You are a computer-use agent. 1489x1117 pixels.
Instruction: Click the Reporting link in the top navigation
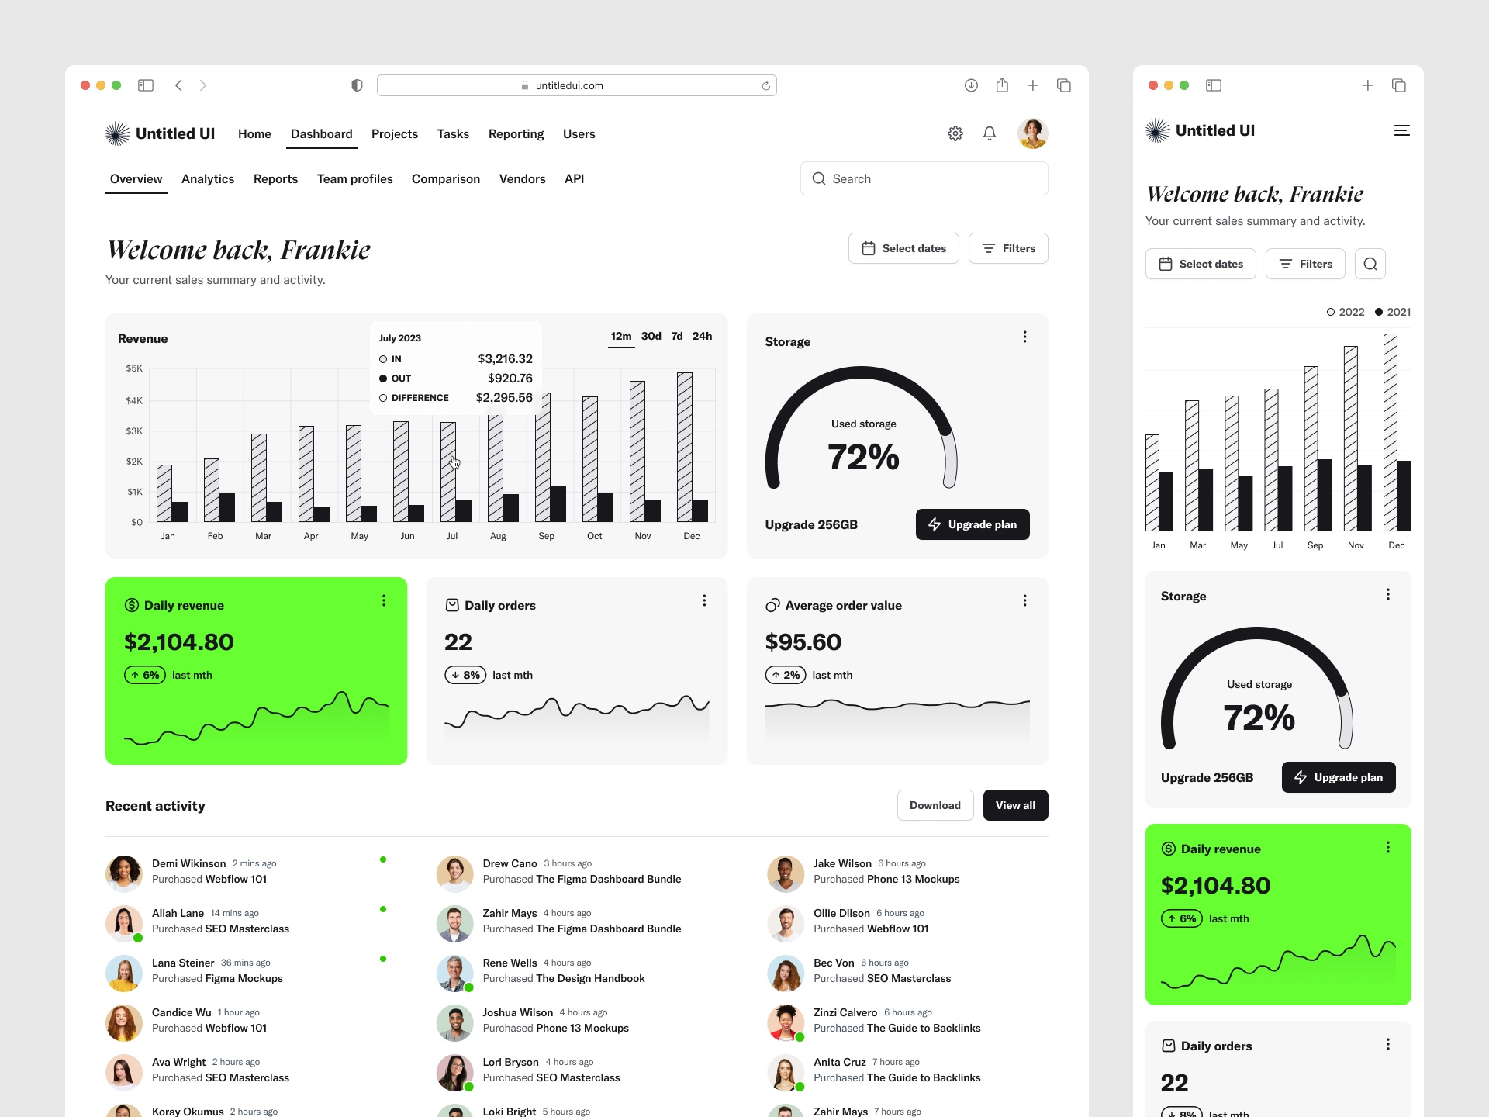click(516, 134)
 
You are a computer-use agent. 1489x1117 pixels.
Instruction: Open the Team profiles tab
click(354, 179)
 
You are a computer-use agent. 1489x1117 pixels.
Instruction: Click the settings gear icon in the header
click(955, 133)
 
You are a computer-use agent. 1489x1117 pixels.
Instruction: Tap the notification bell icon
click(990, 133)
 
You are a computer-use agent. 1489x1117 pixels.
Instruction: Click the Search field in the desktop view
click(924, 179)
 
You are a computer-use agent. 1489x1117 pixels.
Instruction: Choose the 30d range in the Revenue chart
click(651, 337)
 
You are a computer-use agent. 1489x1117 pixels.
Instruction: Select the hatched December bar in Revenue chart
click(684, 446)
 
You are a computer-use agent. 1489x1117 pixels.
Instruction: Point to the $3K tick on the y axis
click(134, 431)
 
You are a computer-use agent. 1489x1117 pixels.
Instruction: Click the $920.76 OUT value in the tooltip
click(510, 379)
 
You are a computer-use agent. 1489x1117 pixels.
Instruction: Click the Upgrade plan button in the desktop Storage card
click(973, 524)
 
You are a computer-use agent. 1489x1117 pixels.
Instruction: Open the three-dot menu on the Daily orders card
click(704, 600)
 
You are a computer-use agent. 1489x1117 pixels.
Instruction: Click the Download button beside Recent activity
click(935, 805)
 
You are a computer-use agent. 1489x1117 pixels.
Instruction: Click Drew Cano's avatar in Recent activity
click(454, 873)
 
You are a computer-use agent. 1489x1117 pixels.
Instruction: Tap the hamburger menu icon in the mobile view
click(1401, 131)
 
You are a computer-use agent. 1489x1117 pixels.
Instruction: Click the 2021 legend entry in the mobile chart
click(1393, 312)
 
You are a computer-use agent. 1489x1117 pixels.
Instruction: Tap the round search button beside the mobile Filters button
click(1370, 264)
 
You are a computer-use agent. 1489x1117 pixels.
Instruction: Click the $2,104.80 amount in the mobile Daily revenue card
click(1215, 886)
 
